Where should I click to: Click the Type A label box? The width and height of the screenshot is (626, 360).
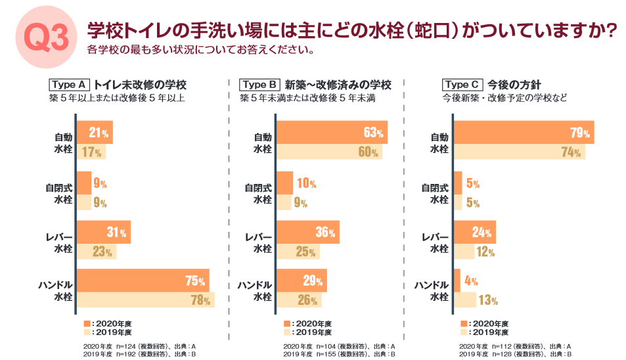(x=69, y=85)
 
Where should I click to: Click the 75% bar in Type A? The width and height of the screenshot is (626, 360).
(x=143, y=281)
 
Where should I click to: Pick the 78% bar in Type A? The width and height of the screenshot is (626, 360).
(x=145, y=301)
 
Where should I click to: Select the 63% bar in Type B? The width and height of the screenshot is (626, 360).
(x=332, y=132)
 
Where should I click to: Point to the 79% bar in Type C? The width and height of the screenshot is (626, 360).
(x=524, y=132)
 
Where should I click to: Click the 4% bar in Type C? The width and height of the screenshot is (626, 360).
(x=457, y=281)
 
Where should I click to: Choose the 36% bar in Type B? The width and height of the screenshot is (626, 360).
(x=307, y=231)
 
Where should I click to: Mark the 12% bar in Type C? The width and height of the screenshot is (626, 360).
(x=464, y=252)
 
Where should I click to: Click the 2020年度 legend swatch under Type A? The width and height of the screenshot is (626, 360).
(x=87, y=324)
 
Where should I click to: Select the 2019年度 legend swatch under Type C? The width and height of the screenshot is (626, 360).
(x=464, y=332)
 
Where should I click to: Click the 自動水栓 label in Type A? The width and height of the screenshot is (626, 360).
(x=63, y=143)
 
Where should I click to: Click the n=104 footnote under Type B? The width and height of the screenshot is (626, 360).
(x=338, y=346)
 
